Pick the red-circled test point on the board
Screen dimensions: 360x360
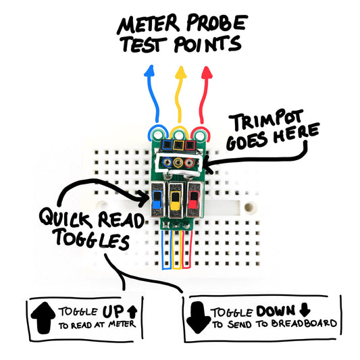click(x=198, y=131)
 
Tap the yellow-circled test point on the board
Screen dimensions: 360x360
click(x=179, y=130)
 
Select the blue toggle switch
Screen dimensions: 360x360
click(x=157, y=201)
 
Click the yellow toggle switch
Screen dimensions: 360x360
click(x=176, y=201)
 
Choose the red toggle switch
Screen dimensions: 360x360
click(x=194, y=201)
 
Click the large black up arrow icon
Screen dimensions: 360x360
click(x=42, y=316)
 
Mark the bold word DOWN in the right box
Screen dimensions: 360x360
click(x=276, y=311)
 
